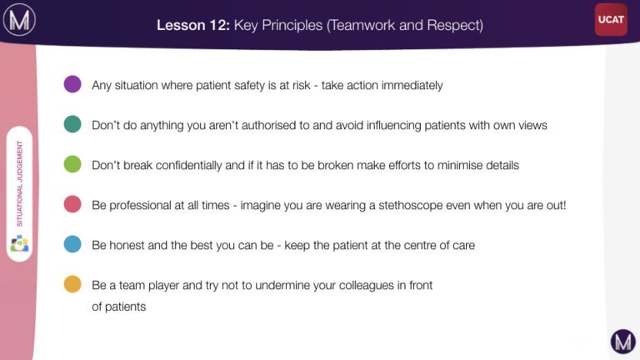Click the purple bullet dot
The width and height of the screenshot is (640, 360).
72,84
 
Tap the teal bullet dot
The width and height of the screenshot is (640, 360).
72,124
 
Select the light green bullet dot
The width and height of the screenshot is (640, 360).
72,164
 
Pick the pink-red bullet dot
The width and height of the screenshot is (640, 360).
72,204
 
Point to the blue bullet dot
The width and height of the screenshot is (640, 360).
72,244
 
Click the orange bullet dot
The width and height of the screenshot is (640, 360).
72,284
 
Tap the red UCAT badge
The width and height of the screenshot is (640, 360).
611,19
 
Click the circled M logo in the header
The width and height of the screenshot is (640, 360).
19,19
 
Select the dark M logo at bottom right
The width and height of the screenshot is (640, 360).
622,341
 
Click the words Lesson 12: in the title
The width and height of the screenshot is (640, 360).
193,25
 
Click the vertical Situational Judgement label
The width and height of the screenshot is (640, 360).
20,183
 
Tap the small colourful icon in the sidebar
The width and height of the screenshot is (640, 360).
19,243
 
